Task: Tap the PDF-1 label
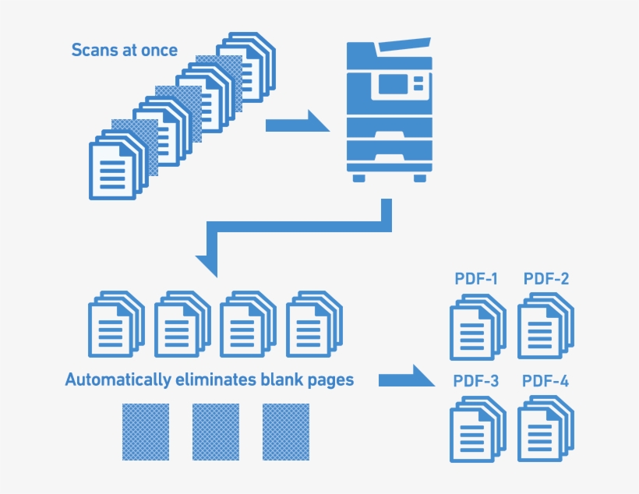(476, 279)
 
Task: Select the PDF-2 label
(546, 279)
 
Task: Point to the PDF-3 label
(476, 381)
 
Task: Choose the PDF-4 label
(545, 381)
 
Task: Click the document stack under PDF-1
(478, 327)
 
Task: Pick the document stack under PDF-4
(545, 429)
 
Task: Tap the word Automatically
(118, 380)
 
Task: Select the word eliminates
(216, 379)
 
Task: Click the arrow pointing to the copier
(298, 121)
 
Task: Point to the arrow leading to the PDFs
(406, 376)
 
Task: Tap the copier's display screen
(393, 84)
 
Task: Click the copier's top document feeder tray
(404, 46)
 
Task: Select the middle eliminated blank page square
(216, 432)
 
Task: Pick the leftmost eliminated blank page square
(146, 432)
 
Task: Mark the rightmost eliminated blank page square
(286, 432)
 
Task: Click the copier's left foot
(358, 178)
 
